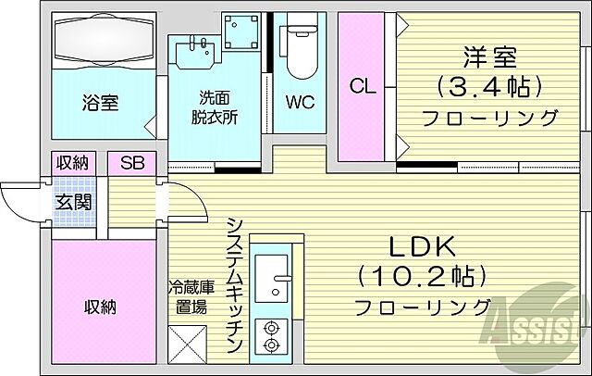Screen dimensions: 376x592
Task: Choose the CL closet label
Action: (x=361, y=87)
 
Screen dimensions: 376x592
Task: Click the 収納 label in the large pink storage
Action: (x=102, y=307)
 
